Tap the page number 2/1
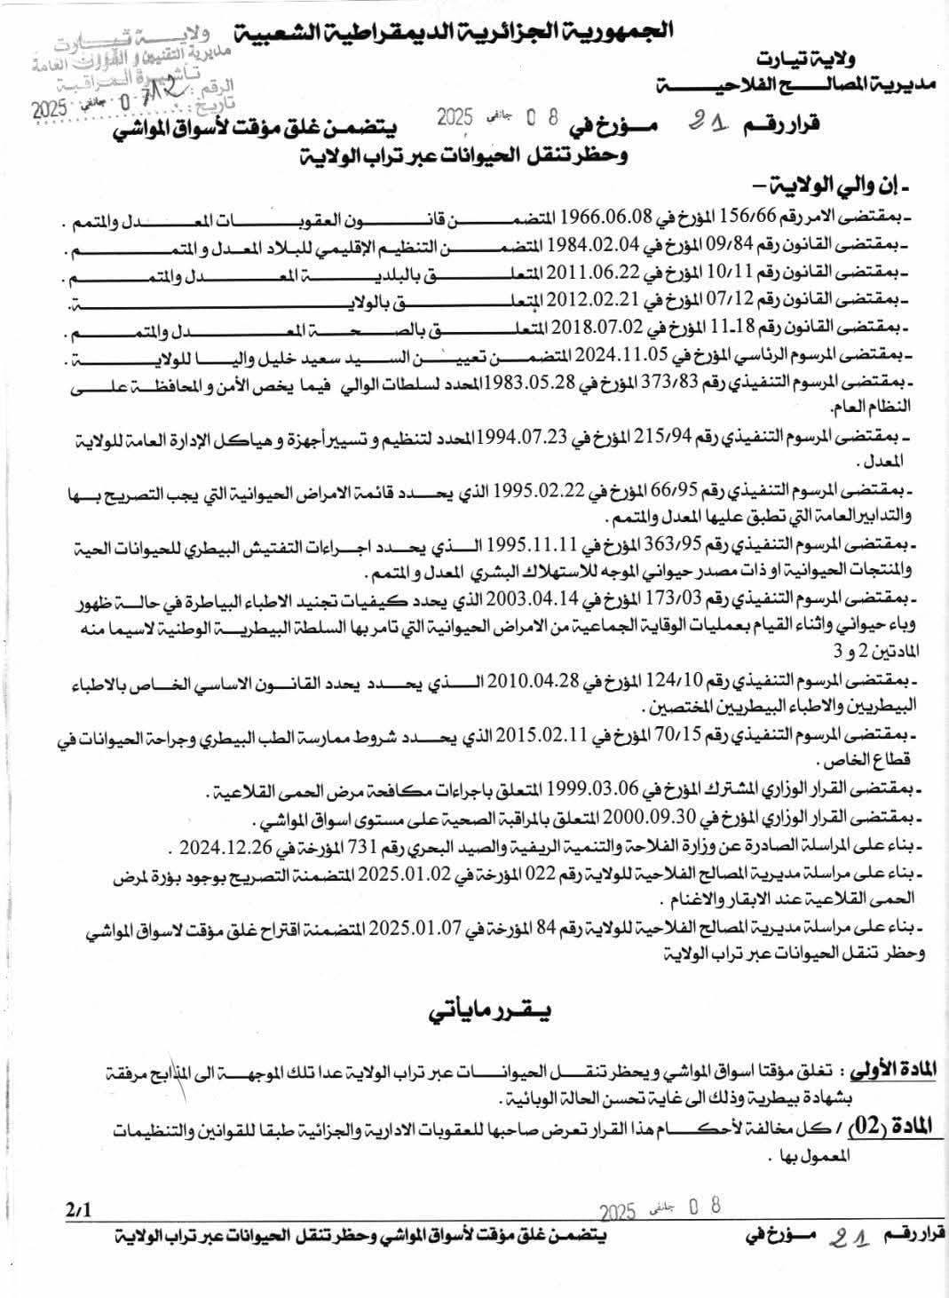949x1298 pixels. pos(78,1208)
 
